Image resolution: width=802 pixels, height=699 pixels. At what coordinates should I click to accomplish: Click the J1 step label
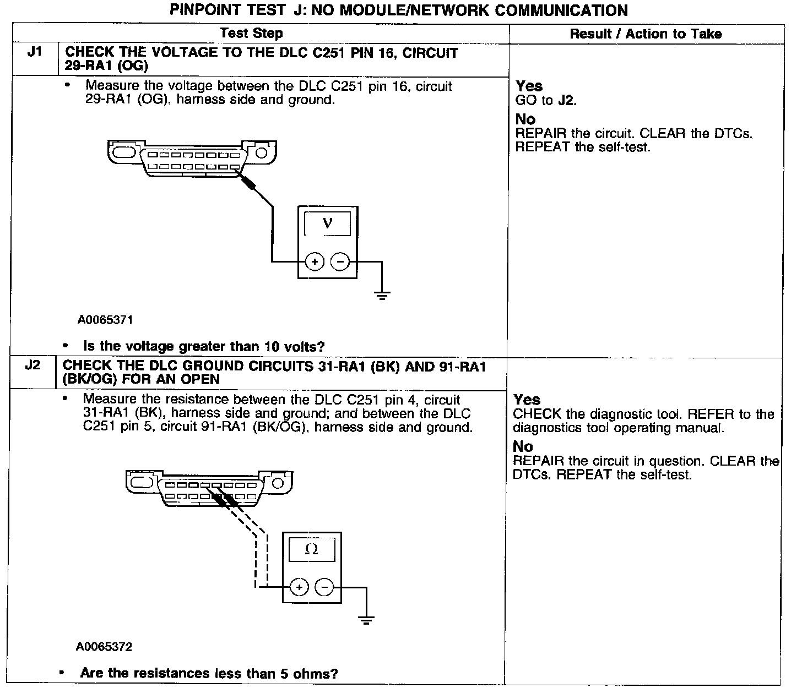(x=34, y=53)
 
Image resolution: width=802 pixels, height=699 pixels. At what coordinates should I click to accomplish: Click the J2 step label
(x=32, y=365)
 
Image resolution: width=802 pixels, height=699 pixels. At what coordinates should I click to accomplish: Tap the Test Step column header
(x=251, y=34)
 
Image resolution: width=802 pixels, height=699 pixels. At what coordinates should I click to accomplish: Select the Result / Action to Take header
(x=646, y=34)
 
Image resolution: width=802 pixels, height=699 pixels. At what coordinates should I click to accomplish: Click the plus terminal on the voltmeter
(x=315, y=262)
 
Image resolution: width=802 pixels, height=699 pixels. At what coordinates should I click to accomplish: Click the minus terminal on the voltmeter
(x=340, y=262)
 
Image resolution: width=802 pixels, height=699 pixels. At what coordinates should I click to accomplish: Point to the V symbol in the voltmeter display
(x=328, y=223)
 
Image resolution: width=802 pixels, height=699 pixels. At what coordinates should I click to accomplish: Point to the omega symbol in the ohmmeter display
(x=311, y=549)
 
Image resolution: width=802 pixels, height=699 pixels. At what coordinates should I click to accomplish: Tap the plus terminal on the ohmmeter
(x=299, y=588)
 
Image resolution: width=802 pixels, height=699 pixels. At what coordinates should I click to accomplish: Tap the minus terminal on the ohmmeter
(x=324, y=588)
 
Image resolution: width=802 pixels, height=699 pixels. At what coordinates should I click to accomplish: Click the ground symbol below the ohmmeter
(x=366, y=621)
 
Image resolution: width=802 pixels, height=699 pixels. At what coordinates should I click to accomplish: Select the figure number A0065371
(x=105, y=320)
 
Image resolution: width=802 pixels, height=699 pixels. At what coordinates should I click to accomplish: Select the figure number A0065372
(x=104, y=647)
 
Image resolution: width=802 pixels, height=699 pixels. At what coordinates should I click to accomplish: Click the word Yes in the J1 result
(x=529, y=86)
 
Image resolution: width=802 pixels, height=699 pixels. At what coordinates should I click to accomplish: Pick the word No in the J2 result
(x=523, y=446)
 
